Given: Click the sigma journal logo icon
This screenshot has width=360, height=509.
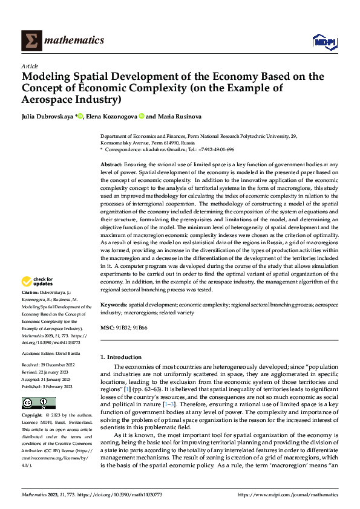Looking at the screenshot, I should (x=31, y=40).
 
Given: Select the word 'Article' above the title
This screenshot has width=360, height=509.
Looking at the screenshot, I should (x=30, y=66).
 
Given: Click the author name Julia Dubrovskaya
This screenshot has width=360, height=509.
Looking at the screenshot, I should (x=47, y=116).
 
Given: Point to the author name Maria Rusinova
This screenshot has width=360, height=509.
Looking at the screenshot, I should (x=180, y=116).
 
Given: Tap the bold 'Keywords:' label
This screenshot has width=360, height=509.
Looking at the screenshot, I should (x=113, y=306).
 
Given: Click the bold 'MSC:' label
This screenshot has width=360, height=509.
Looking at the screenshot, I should (x=106, y=327).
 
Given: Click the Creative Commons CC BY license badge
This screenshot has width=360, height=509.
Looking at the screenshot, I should (x=39, y=403).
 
